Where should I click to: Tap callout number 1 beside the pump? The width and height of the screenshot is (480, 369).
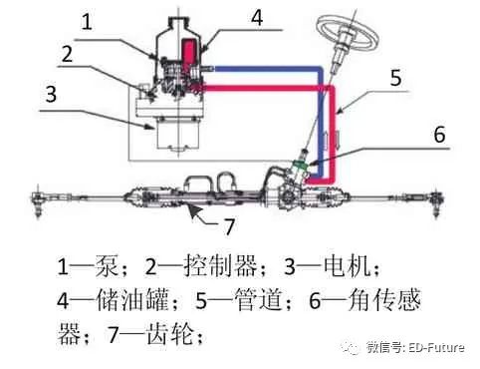pyautogui.click(x=87, y=22)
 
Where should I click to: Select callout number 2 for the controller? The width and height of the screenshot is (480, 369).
pyautogui.click(x=67, y=54)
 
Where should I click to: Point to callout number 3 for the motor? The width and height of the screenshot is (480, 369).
pyautogui.click(x=51, y=94)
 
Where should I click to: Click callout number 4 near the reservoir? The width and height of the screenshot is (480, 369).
pyautogui.click(x=257, y=17)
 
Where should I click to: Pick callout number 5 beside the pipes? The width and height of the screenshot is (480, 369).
pyautogui.click(x=395, y=78)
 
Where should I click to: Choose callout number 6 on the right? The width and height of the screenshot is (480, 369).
pyautogui.click(x=440, y=135)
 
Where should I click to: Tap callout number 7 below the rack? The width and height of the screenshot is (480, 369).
pyautogui.click(x=229, y=226)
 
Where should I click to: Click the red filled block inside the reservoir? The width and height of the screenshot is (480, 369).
pyautogui.click(x=188, y=53)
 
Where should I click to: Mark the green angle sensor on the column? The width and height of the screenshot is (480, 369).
pyautogui.click(x=301, y=165)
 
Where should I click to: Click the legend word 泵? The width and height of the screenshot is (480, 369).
pyautogui.click(x=107, y=265)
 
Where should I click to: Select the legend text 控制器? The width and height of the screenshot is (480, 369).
pyautogui.click(x=220, y=265)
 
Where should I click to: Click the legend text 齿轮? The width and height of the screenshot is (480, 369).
pyautogui.click(x=170, y=333)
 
